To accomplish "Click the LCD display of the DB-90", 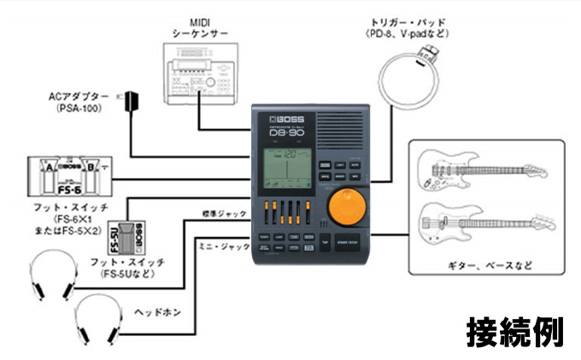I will pos(286,169).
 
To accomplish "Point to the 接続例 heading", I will pos(514,333).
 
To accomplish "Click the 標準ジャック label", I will pos(224,211).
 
